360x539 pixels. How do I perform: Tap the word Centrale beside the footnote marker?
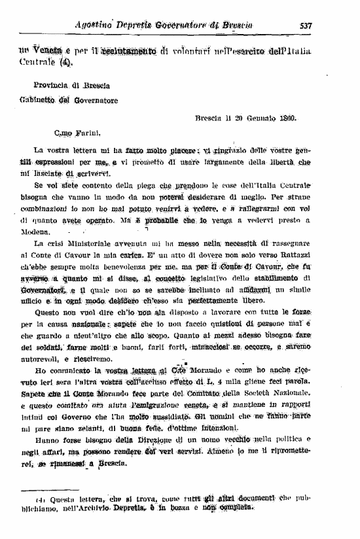(x=38, y=64)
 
